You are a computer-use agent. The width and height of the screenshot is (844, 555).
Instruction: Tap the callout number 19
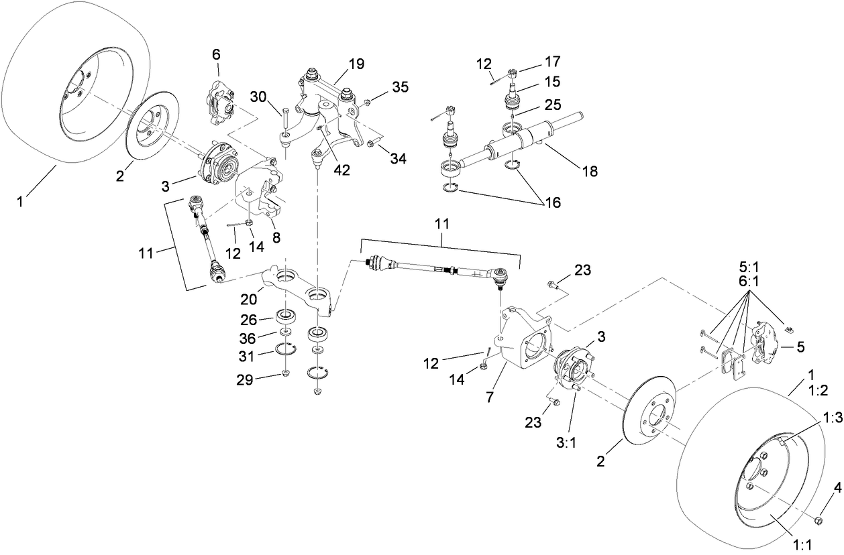tap(356, 64)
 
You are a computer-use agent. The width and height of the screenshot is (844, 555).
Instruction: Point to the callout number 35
tap(400, 86)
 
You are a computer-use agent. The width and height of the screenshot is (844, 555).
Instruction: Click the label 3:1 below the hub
tap(566, 425)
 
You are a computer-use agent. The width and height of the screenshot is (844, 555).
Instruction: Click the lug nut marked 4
tap(817, 521)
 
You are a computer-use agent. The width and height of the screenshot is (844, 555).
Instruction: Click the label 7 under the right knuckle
tap(490, 397)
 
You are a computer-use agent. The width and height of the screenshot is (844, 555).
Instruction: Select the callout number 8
tap(276, 237)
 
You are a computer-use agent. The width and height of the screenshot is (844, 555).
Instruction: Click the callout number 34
tap(399, 159)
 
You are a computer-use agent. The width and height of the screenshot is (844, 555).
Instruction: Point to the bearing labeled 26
tap(287, 315)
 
